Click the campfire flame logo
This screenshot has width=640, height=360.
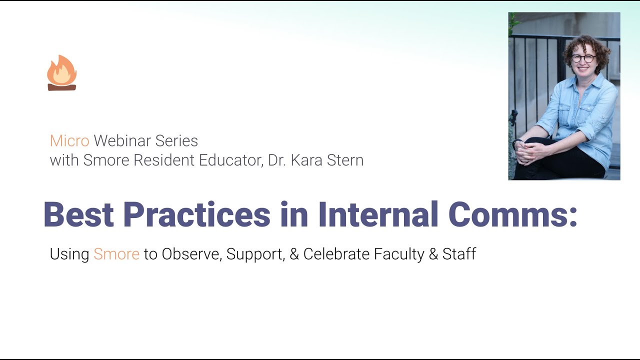coord(61,73)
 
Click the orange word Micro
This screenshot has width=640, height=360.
coord(69,141)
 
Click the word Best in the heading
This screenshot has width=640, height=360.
coord(79,215)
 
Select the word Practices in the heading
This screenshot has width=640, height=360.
coord(196,215)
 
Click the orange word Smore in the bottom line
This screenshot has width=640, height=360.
coord(116,254)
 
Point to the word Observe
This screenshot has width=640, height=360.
coord(190,254)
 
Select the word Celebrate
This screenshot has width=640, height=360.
coord(339,254)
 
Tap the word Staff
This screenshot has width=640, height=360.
coord(459,254)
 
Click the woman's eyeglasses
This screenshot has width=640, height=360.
coord(583,58)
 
